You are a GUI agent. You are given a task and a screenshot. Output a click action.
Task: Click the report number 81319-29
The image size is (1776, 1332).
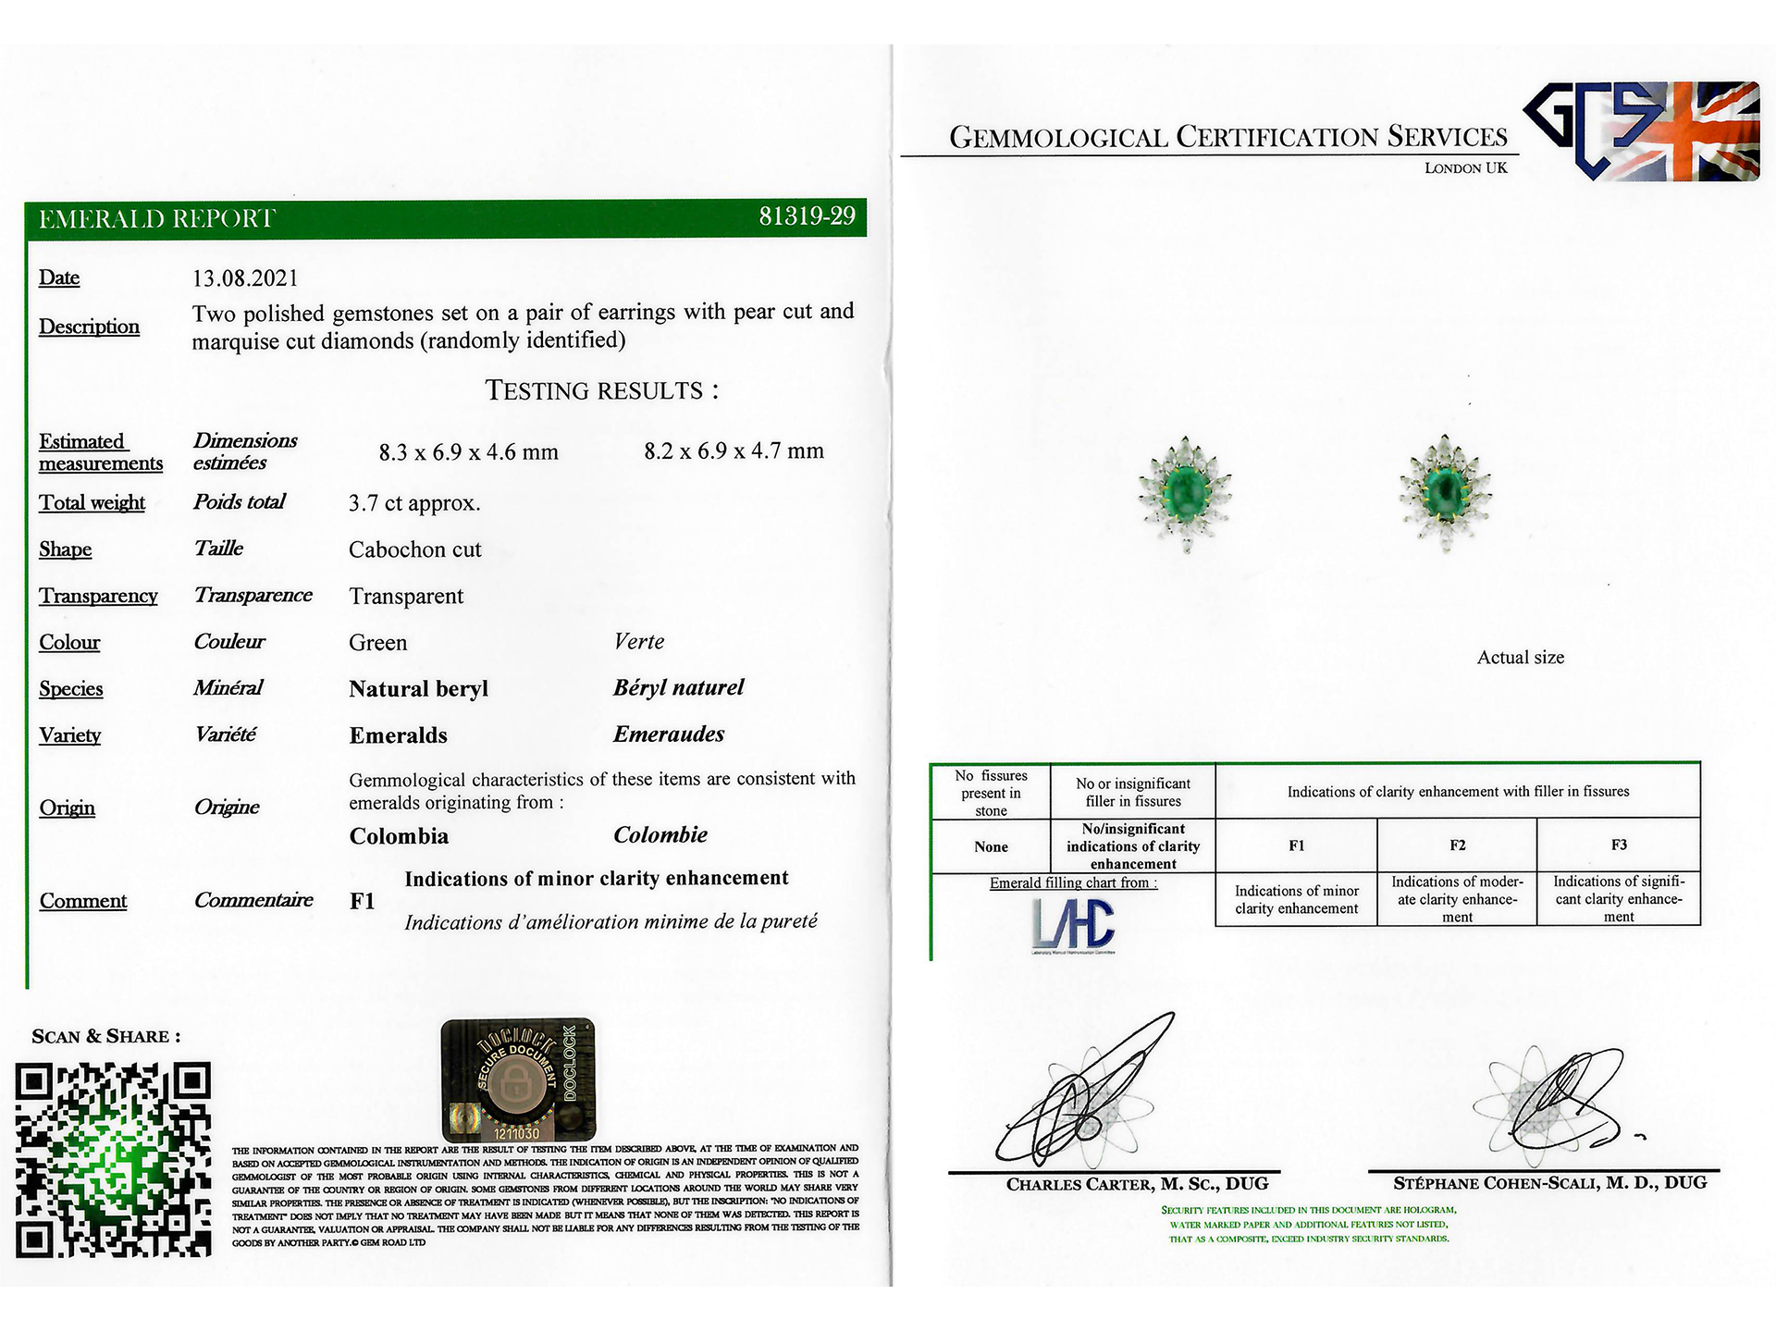coord(807,216)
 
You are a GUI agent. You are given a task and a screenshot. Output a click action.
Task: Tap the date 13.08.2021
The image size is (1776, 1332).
coord(245,278)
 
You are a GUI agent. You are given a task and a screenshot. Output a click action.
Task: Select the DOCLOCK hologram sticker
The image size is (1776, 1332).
coord(518,1079)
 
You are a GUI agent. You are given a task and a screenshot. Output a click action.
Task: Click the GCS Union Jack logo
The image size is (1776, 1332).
coord(1642,130)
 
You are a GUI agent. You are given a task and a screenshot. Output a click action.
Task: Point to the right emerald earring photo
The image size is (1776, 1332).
coord(1445,492)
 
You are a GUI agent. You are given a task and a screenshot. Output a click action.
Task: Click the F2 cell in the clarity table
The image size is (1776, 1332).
coord(1457,845)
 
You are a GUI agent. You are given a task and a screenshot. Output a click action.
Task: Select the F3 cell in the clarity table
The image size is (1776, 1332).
coord(1619,845)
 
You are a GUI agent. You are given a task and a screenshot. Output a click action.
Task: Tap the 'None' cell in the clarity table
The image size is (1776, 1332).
coord(991,846)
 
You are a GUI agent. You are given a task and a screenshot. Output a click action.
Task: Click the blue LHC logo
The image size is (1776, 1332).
coord(1073,924)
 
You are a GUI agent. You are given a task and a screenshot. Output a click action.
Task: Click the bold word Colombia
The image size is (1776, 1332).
coord(399,836)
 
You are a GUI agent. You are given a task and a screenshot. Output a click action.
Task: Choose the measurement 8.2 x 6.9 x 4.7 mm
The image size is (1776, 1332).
coord(734,451)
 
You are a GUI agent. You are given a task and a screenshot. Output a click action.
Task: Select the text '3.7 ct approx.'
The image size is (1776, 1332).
coord(414,503)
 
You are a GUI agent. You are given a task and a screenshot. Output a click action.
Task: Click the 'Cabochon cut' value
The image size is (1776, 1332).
coord(415,549)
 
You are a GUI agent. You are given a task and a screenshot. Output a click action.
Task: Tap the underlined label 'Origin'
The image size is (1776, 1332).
coord(68,808)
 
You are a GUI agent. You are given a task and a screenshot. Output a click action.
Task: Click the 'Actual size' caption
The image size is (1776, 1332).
coord(1520,658)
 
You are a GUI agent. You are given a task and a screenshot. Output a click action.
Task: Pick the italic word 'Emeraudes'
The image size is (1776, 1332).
coord(669,734)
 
